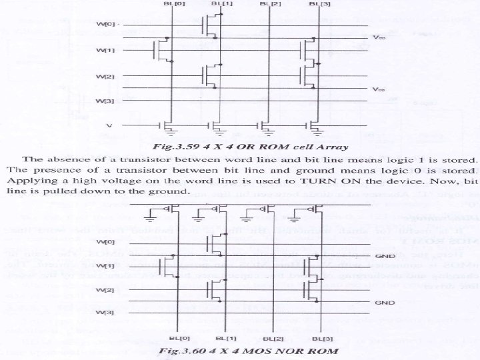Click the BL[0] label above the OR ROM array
(171, 4)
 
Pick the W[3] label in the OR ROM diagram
(105, 101)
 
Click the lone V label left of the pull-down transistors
(110, 125)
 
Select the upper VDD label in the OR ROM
(378, 37)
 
